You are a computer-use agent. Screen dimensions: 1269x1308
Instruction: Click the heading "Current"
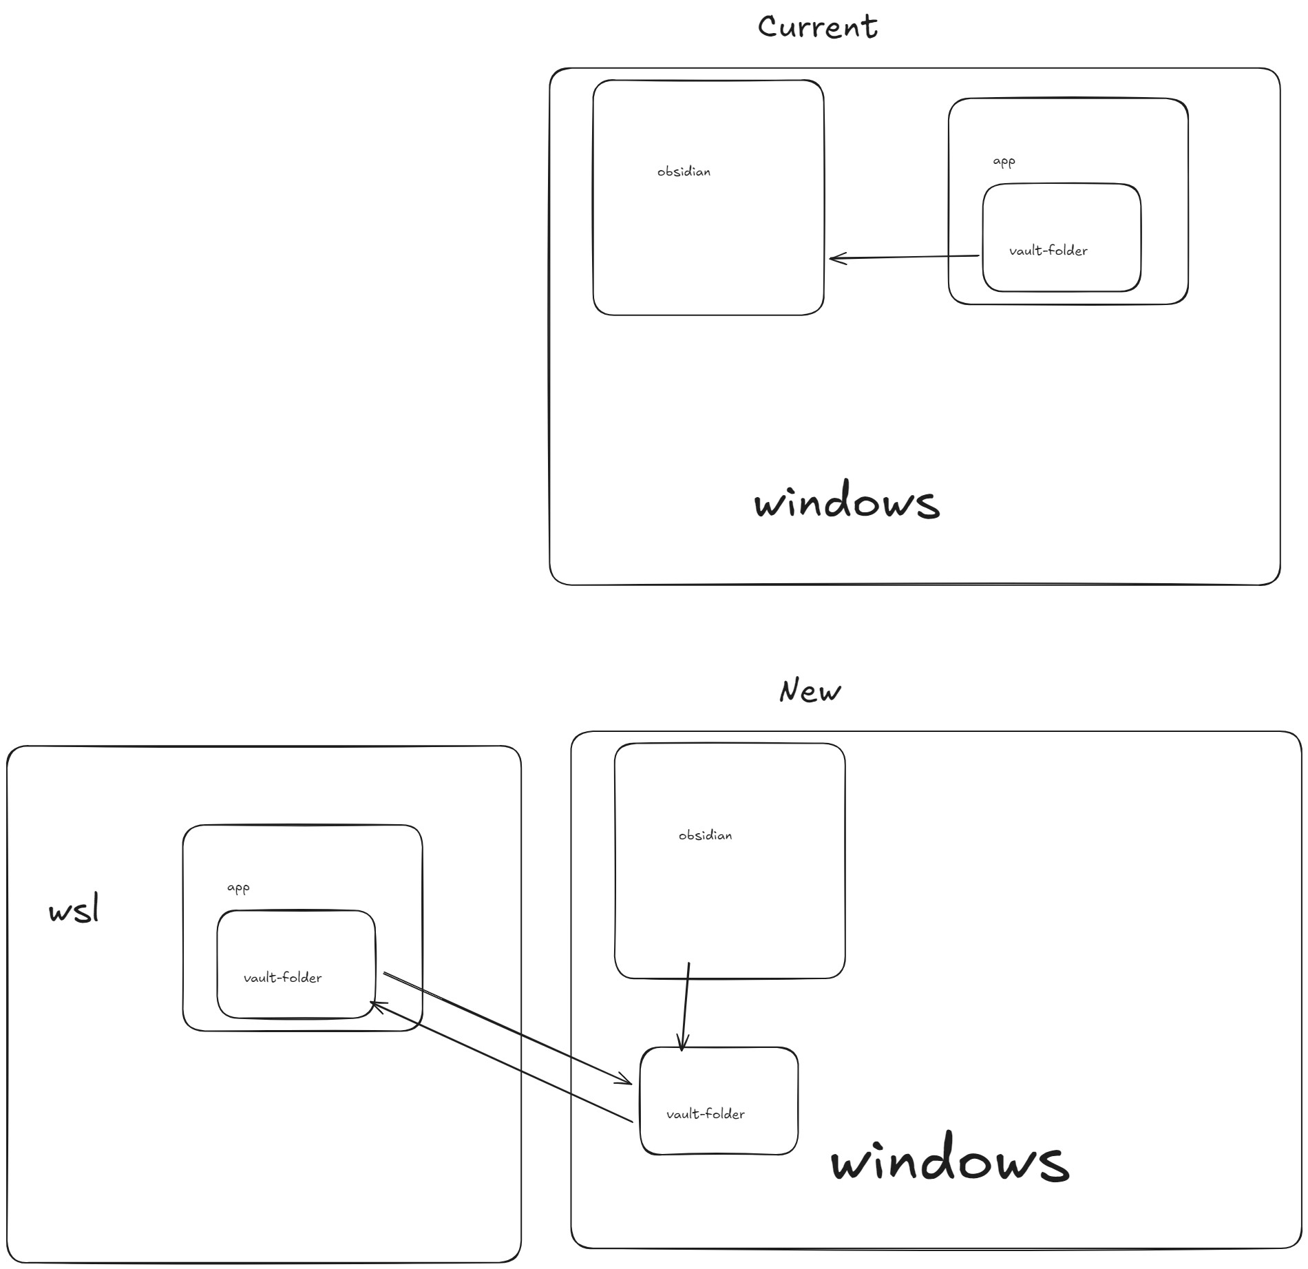tap(817, 28)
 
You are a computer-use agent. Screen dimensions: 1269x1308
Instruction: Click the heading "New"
tap(810, 691)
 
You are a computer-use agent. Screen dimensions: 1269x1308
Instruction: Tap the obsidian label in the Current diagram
tap(684, 171)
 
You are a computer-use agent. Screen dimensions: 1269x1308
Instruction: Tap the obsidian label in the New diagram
tap(705, 835)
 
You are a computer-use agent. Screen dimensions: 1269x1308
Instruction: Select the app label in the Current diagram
tap(1004, 162)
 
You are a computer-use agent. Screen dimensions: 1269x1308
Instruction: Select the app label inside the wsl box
tap(238, 888)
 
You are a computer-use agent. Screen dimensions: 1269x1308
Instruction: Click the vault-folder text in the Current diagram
tap(1048, 251)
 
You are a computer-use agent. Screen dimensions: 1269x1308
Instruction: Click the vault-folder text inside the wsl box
tap(282, 978)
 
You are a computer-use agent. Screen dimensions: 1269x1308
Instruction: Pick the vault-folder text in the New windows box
tap(705, 1114)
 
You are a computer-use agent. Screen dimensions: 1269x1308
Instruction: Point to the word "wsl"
tap(74, 910)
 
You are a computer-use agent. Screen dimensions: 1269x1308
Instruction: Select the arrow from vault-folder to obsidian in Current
tap(904, 258)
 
